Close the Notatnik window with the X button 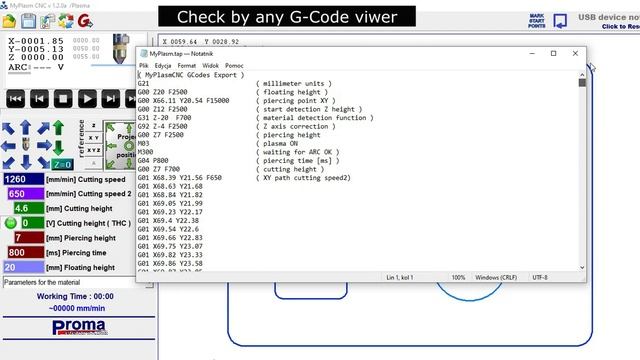click(x=576, y=53)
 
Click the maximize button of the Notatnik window click(x=554, y=53)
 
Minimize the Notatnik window click(x=531, y=53)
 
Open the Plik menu click(x=144, y=65)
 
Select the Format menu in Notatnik click(x=187, y=65)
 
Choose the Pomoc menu click(x=235, y=65)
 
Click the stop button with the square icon click(x=63, y=98)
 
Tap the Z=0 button click(x=62, y=164)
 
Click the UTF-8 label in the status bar click(x=541, y=277)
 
